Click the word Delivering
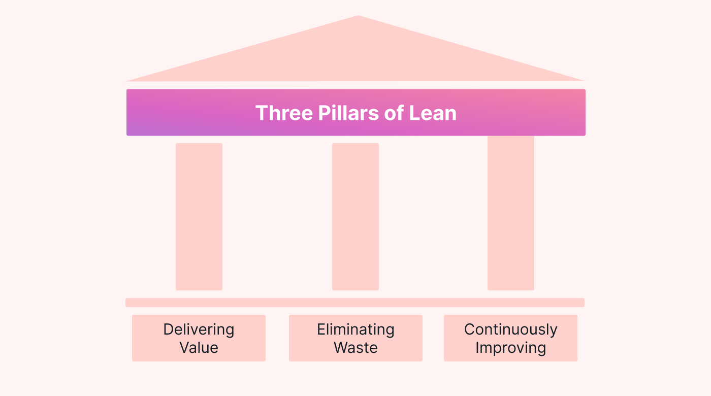point(199,329)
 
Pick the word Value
point(199,348)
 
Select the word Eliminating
point(355,329)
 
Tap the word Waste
point(355,348)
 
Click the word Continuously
point(510,329)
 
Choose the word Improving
point(510,348)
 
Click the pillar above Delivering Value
point(199,217)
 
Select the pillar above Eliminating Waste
point(355,217)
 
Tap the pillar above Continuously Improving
point(511,213)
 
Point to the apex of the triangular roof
point(358,17)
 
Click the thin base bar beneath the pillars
point(355,303)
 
